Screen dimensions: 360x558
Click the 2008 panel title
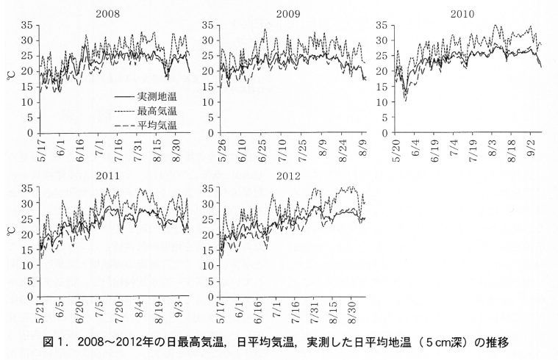click(107, 12)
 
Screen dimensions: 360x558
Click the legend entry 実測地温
click(157, 96)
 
